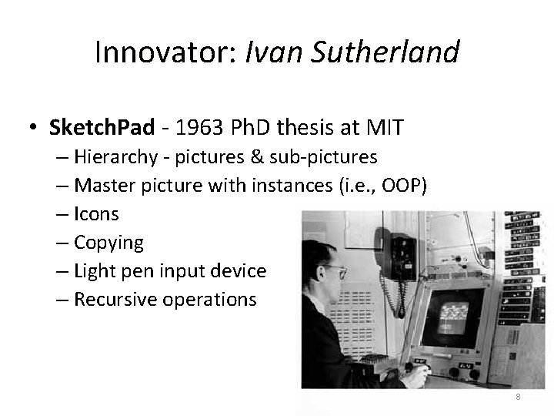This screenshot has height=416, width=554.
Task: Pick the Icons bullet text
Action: pos(96,214)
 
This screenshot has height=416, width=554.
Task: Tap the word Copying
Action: pos(108,243)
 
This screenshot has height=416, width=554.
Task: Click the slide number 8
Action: pos(518,397)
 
